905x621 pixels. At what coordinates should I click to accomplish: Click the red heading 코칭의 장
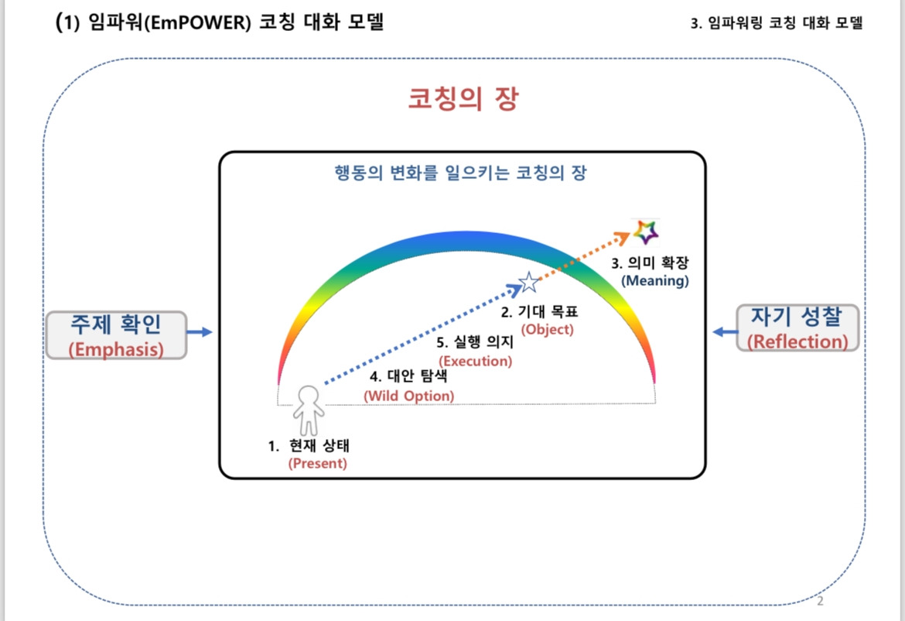(463, 99)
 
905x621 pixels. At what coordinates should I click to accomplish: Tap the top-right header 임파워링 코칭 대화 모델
(777, 23)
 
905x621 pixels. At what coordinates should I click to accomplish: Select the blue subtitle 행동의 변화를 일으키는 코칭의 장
(462, 173)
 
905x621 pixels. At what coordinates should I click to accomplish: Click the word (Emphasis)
(116, 349)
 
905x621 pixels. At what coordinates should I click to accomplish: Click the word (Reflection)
(797, 341)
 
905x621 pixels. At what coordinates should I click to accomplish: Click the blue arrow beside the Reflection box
(723, 331)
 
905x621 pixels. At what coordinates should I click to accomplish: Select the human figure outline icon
(309, 410)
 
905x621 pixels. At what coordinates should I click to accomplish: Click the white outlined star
(528, 283)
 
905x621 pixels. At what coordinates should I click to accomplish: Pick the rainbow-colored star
(645, 230)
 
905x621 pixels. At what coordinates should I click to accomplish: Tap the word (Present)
(317, 464)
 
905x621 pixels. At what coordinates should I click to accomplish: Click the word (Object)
(548, 329)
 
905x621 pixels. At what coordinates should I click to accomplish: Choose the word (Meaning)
(654, 280)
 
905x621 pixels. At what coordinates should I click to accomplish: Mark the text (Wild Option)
(409, 395)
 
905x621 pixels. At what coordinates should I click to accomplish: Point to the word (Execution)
(475, 360)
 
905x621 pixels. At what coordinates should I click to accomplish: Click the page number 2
(821, 601)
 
